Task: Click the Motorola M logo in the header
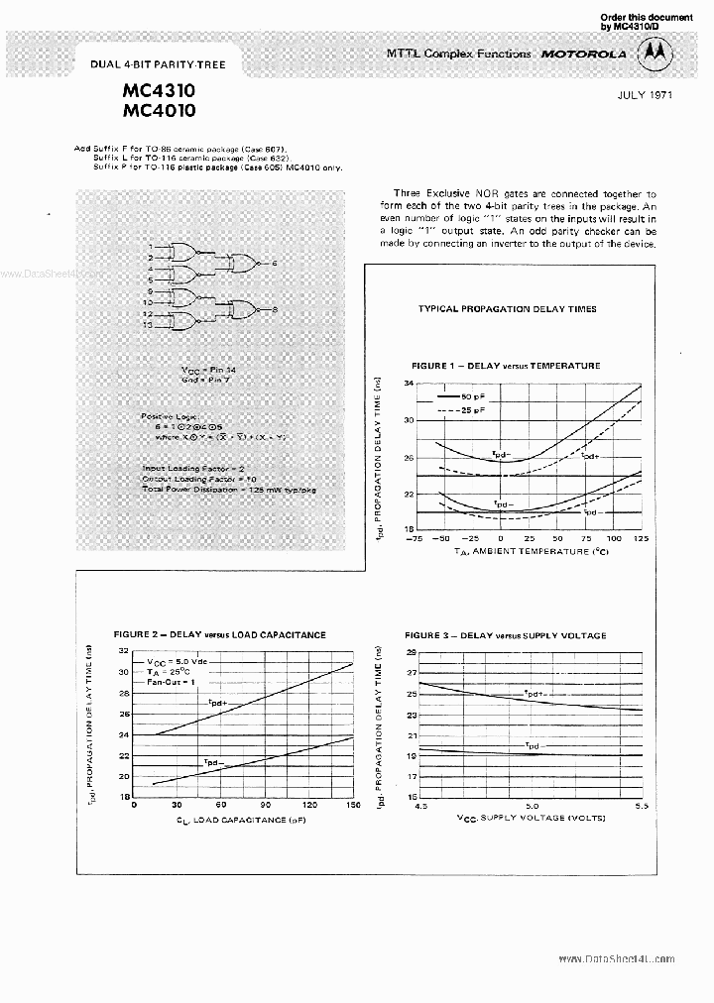pos(653,55)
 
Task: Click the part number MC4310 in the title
pos(160,88)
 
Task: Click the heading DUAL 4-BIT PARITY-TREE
pos(158,64)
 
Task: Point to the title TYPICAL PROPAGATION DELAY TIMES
pos(507,308)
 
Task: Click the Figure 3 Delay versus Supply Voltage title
pos(506,635)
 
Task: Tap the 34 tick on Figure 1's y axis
pos(407,384)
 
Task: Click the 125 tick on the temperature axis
pos(640,538)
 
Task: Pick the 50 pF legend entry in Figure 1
pos(462,396)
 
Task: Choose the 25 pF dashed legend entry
pos(462,409)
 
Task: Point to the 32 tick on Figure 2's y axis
pos(124,651)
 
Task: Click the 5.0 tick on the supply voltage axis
pos(531,807)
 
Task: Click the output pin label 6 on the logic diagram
pos(275,263)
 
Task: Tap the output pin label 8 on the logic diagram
pos(275,310)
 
